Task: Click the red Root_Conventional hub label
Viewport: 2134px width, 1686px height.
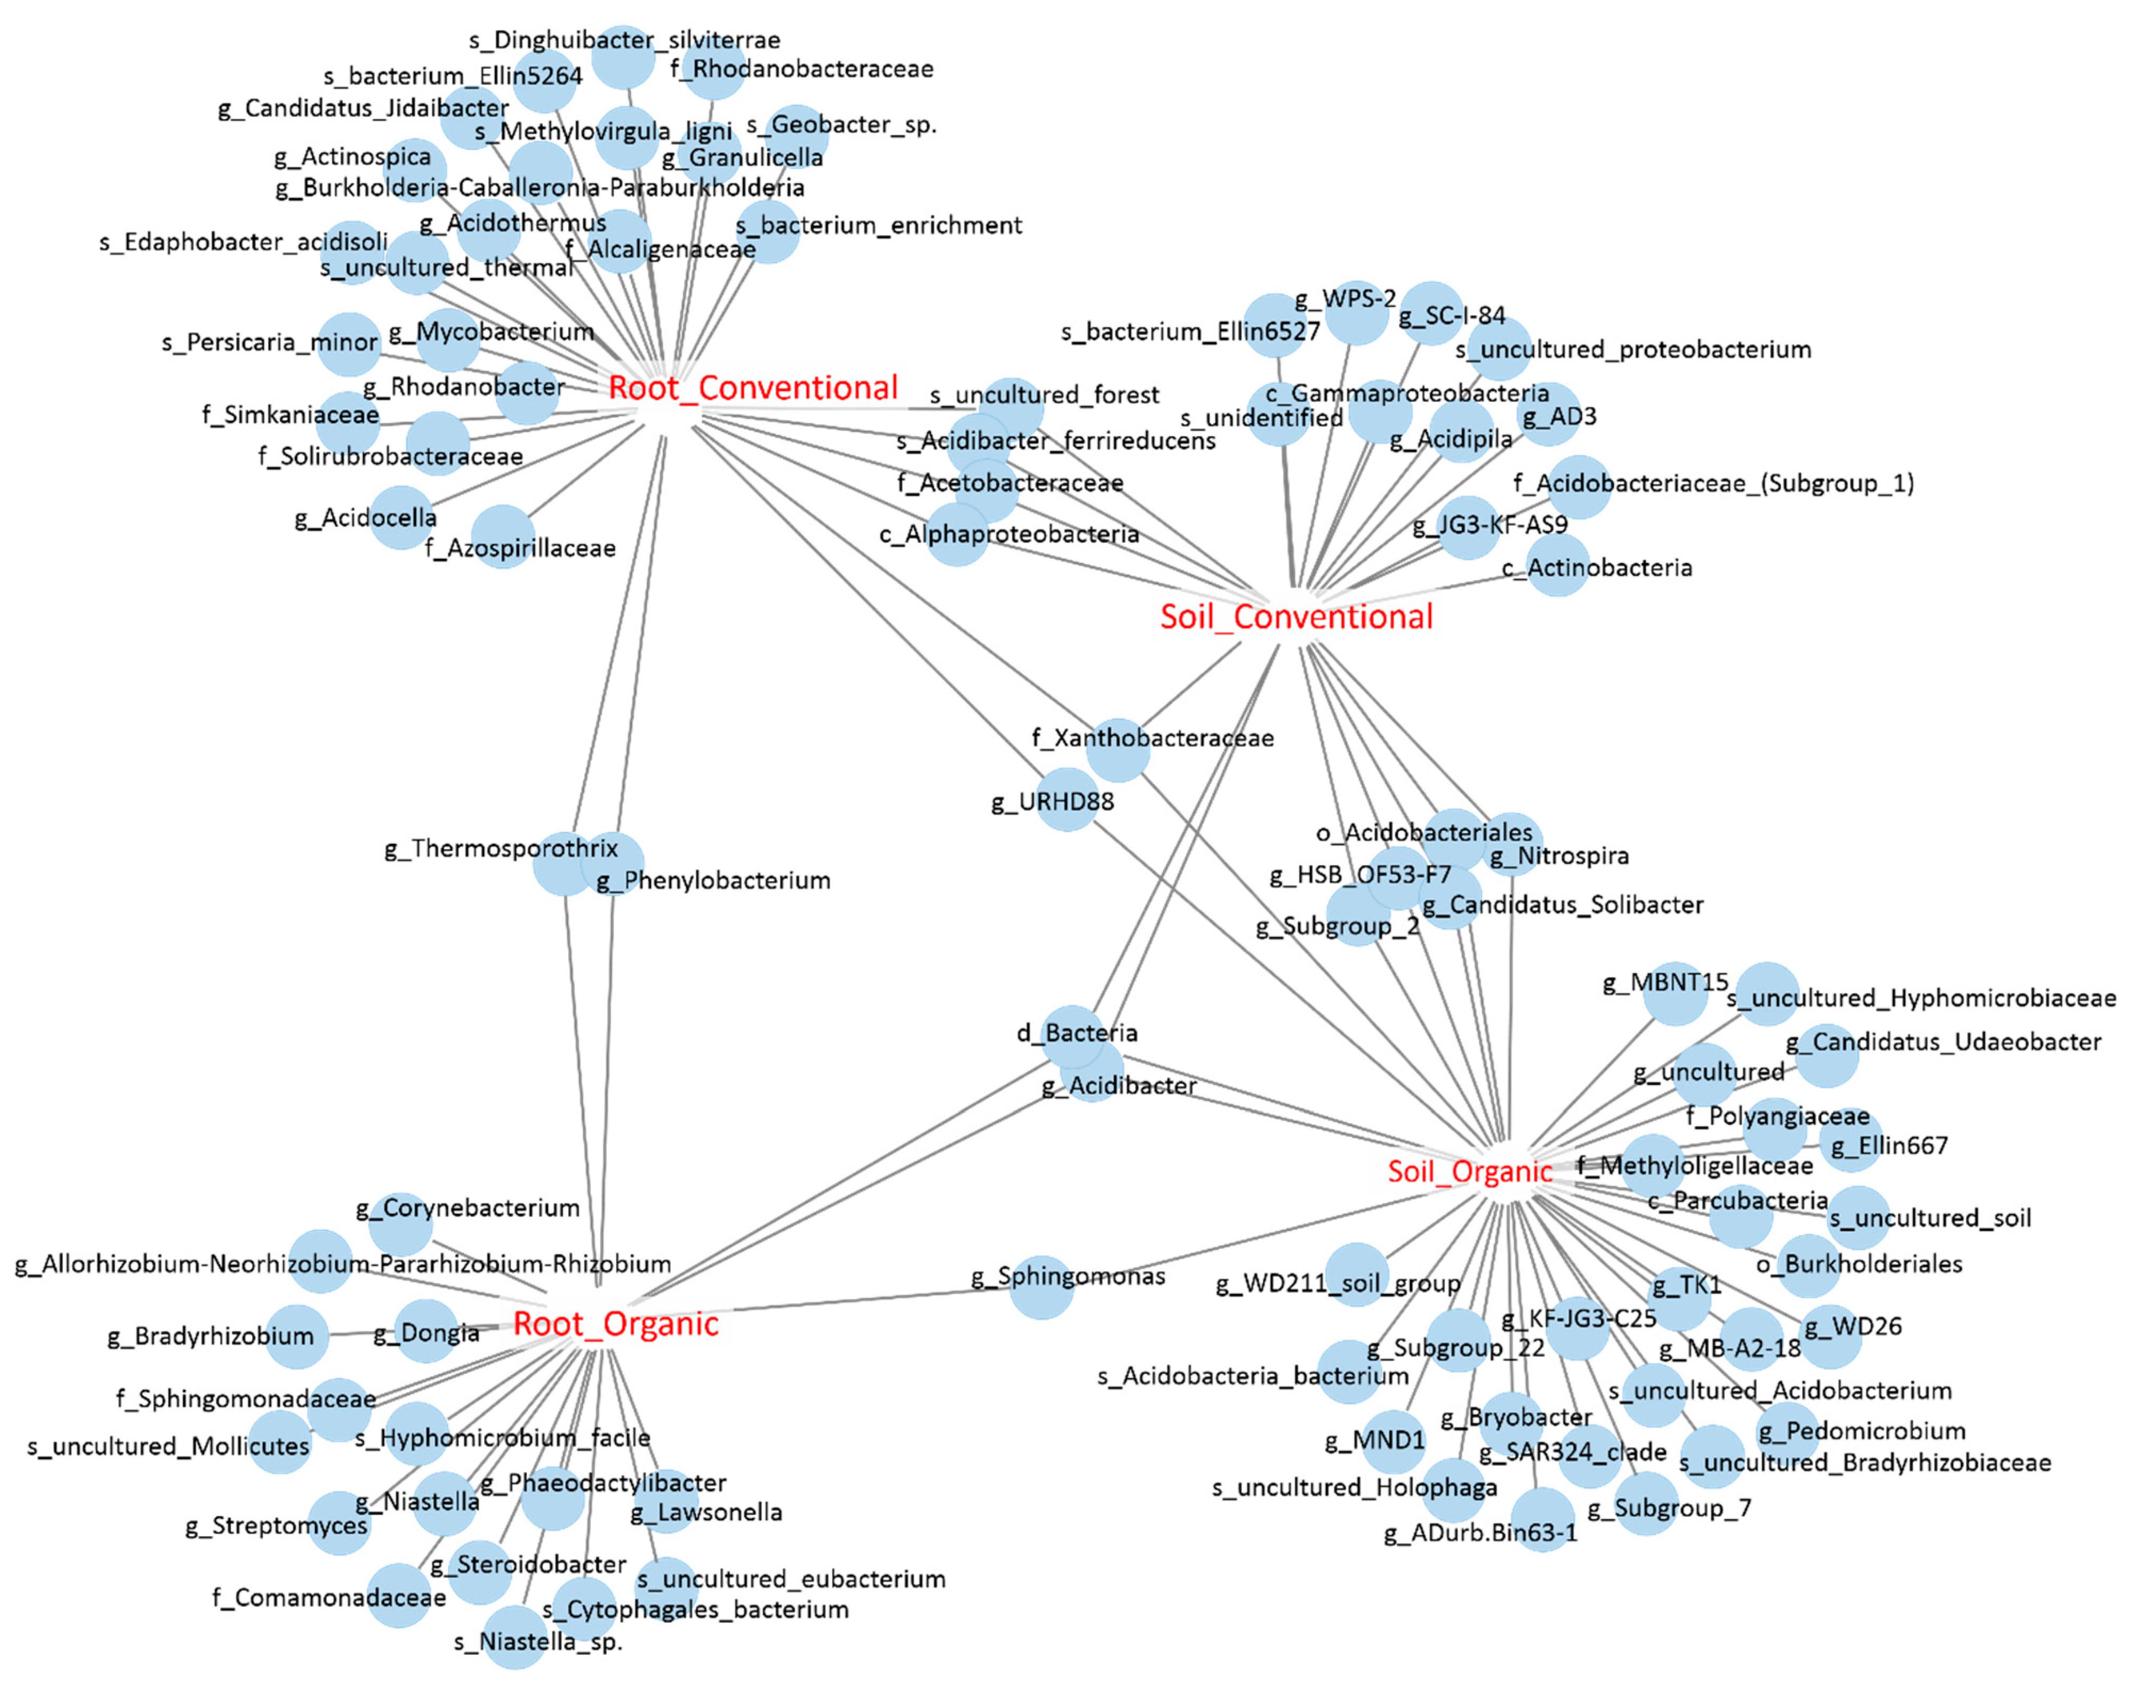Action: click(x=753, y=388)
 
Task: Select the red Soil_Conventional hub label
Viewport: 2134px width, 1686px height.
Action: click(x=1296, y=617)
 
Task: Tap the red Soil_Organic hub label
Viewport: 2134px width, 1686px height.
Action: click(x=1470, y=1172)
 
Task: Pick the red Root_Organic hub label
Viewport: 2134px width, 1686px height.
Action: click(x=615, y=1324)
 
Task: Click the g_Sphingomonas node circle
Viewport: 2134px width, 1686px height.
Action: click(x=1041, y=1287)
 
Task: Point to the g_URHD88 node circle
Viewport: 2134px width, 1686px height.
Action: click(x=1066, y=800)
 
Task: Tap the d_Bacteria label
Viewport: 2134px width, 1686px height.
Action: click(x=1077, y=1033)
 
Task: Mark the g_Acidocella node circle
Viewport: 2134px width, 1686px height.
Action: click(x=402, y=517)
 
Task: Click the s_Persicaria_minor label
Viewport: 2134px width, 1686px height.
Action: click(x=270, y=342)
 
